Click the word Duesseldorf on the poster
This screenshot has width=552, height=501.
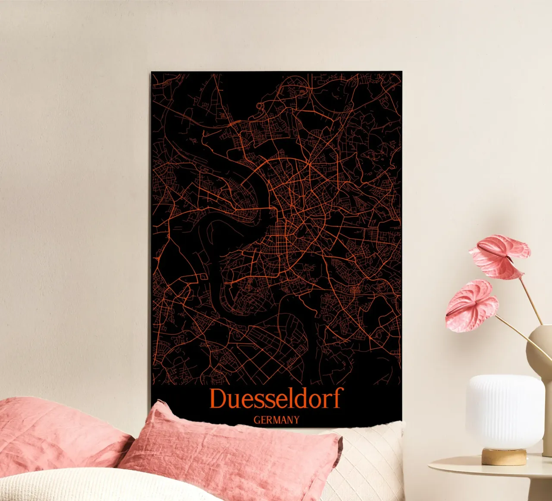(276, 398)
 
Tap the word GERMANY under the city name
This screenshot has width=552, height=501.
(276, 420)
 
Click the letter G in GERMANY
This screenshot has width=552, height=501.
(257, 420)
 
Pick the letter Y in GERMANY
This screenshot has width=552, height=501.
(296, 420)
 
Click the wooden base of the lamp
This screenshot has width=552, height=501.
(504, 457)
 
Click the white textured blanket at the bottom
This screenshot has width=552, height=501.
(86, 486)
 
